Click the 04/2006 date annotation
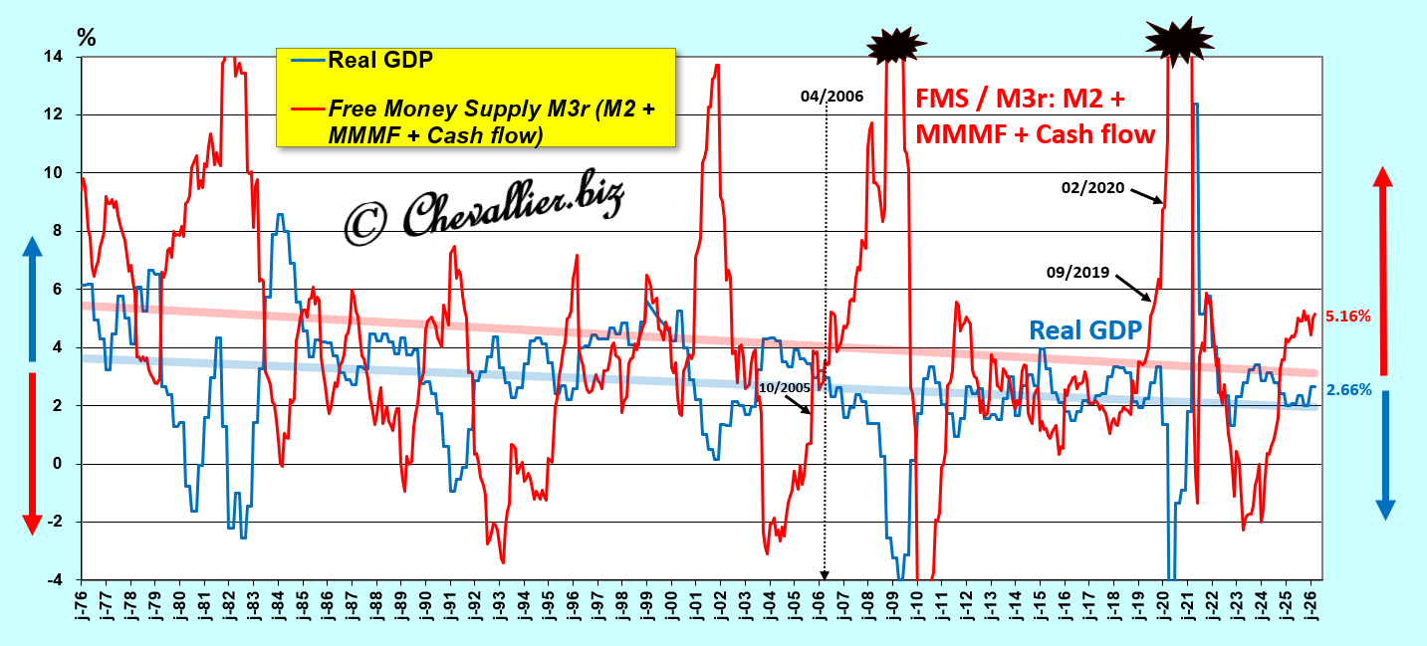pyautogui.click(x=832, y=97)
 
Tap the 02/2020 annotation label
pyautogui.click(x=1092, y=188)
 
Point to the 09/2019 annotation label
pyautogui.click(x=1077, y=272)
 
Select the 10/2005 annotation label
pyautogui.click(x=785, y=388)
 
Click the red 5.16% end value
pyautogui.click(x=1348, y=316)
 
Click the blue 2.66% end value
pyautogui.click(x=1348, y=390)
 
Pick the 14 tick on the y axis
pyautogui.click(x=53, y=57)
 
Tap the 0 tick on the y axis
pyautogui.click(x=58, y=464)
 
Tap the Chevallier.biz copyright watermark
pyautogui.click(x=484, y=208)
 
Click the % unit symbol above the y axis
pyautogui.click(x=86, y=38)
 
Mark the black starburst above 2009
pyautogui.click(x=896, y=45)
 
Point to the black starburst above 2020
pyautogui.click(x=1179, y=42)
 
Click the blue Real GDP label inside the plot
pyautogui.click(x=1084, y=330)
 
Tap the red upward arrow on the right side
pyautogui.click(x=1382, y=271)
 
